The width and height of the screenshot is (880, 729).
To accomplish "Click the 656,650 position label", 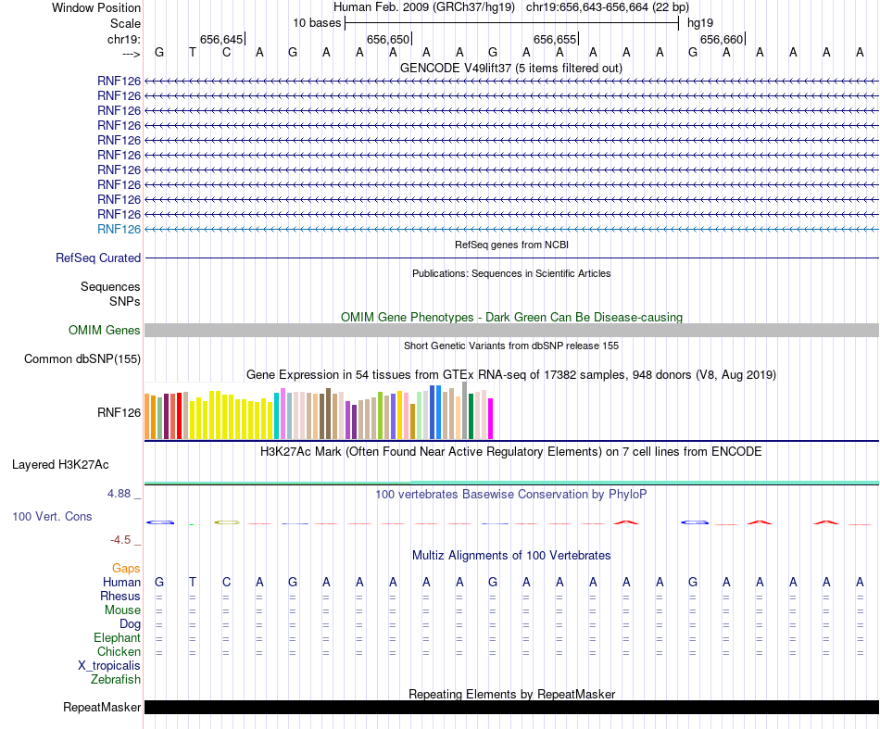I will click(x=387, y=39).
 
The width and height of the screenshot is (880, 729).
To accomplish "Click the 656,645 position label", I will click(x=220, y=39).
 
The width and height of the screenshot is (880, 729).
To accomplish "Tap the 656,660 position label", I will click(x=721, y=39).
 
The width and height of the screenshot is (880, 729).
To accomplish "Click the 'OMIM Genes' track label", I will click(x=105, y=331).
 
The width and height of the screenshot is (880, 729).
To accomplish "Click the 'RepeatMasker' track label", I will click(x=102, y=708).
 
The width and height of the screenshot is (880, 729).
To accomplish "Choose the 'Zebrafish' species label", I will click(x=116, y=680).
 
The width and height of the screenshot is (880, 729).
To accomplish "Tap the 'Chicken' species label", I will click(x=119, y=652).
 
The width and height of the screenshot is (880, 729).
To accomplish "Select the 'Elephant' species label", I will click(x=117, y=638).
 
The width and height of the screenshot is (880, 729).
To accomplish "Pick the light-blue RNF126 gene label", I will click(x=119, y=229).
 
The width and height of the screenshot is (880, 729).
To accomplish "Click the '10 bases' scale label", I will click(x=317, y=22).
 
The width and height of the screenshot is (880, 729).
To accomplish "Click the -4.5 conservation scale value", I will click(x=122, y=540).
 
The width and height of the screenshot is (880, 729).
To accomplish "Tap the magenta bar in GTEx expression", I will click(x=491, y=419).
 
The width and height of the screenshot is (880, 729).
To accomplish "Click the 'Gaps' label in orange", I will click(x=126, y=568).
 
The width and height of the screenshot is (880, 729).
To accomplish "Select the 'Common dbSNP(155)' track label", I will click(x=82, y=359).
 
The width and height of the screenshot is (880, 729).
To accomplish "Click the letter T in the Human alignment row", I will click(x=193, y=582).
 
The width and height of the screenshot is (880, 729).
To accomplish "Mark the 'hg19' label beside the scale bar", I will click(x=700, y=22).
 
